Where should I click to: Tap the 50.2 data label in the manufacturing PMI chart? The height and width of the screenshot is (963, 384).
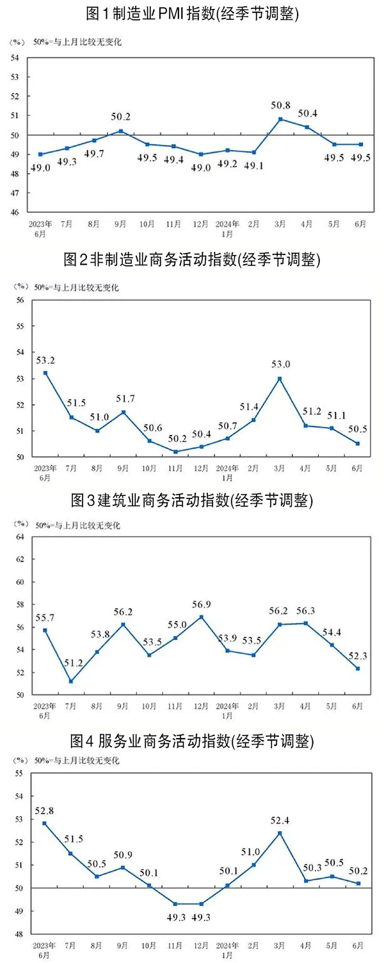[120, 117]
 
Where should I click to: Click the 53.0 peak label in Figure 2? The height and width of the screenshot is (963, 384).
[280, 365]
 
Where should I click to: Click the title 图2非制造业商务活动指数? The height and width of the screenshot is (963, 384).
[192, 259]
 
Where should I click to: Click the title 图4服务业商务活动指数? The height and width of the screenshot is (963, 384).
[192, 742]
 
